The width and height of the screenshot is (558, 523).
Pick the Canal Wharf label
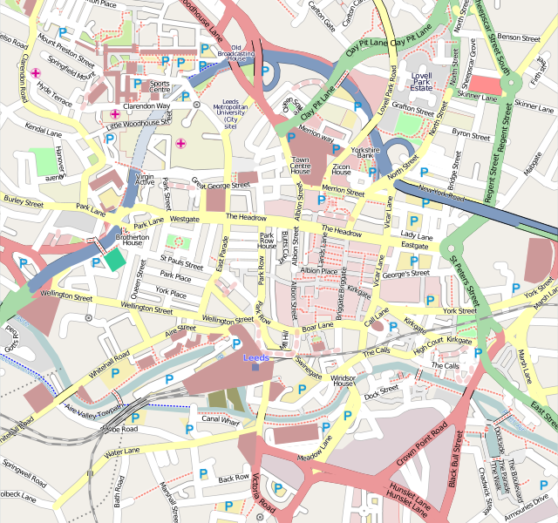221,419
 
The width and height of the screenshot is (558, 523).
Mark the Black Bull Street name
454,458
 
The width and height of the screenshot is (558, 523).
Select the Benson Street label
520,37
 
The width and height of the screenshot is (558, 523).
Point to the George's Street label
405,274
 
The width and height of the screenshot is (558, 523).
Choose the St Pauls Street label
181,260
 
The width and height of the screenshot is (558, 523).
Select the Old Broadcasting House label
236,53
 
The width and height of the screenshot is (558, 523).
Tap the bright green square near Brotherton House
115,259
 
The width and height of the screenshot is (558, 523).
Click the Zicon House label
341,167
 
